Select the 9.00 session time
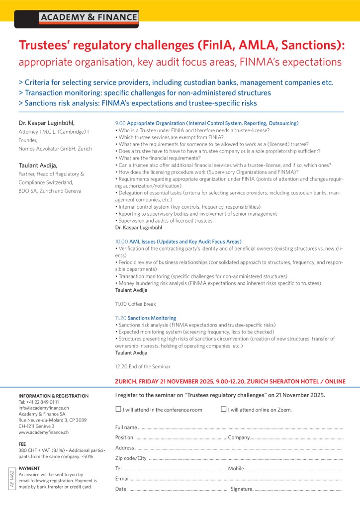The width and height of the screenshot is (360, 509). coord(120,123)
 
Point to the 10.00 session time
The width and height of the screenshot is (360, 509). coord(121,241)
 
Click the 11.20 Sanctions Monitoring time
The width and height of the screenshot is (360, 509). coord(121,318)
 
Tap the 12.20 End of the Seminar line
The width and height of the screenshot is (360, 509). coord(142,366)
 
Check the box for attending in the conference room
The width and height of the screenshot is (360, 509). coord(118,410)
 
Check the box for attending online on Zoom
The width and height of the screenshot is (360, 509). coord(223,410)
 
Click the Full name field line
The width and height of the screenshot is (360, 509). coord(239,427)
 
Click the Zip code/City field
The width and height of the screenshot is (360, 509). coord(244,458)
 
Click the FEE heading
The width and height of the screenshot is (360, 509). coord(22,444)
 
